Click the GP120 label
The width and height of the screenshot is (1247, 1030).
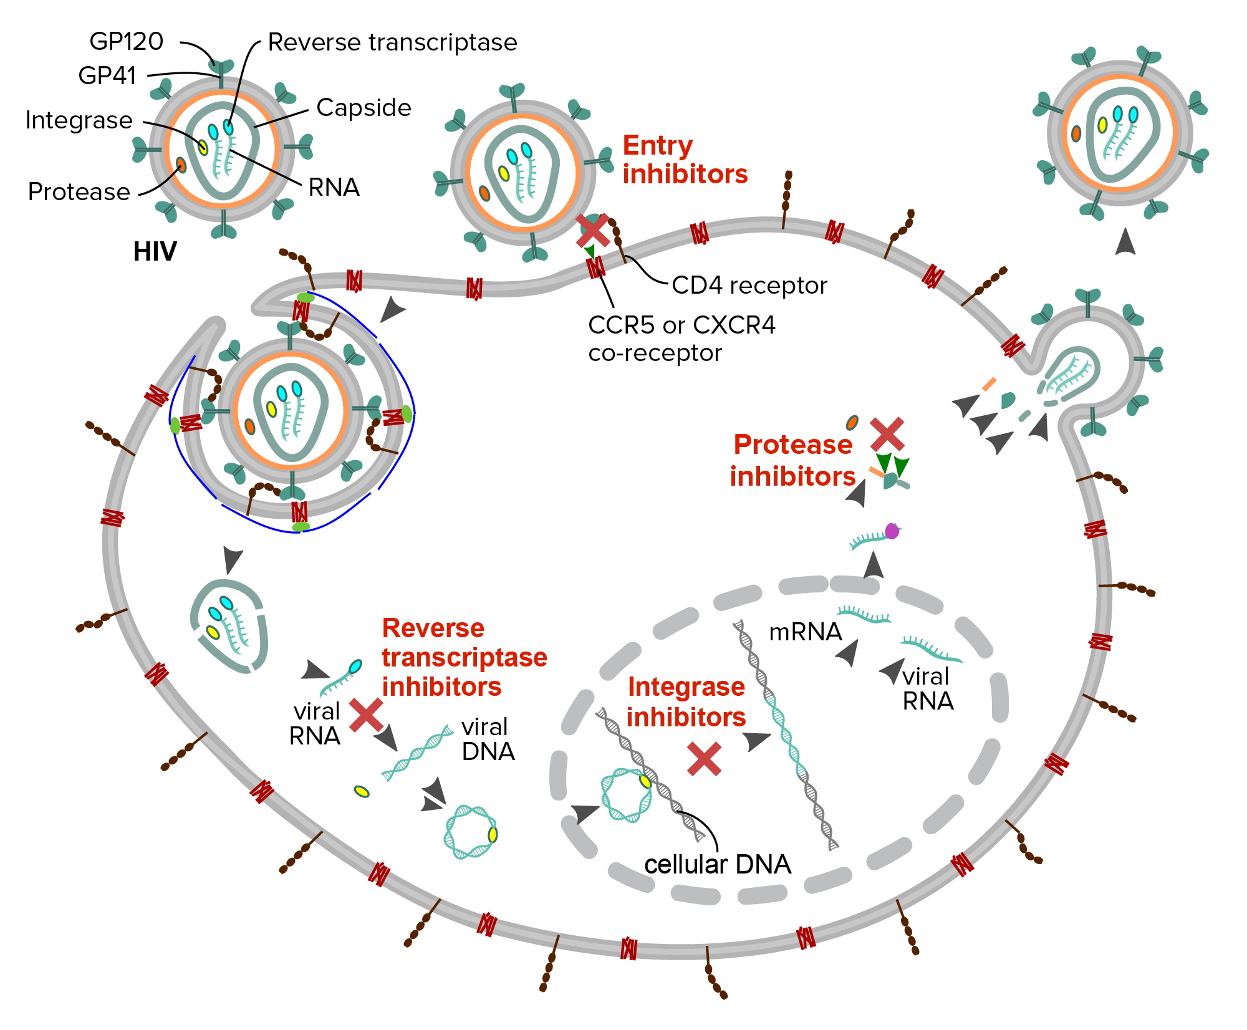pos(127,42)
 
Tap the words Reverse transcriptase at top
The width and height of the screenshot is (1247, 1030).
pos(392,42)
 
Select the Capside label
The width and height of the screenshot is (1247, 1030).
pos(364,108)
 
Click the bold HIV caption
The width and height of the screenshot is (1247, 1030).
pos(155,252)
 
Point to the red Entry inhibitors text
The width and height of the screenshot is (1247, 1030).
pos(685,160)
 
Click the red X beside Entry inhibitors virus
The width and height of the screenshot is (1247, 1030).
pos(592,230)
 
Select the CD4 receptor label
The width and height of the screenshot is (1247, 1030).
pos(749,286)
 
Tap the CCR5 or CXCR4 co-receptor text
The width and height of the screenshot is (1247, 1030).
pos(681,339)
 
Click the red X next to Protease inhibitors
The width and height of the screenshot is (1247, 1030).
pos(887,435)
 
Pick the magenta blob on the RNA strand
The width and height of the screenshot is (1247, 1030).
pos(892,531)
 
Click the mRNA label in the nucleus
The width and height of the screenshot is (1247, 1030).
pos(805,632)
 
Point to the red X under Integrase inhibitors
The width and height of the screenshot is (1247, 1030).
pos(704,759)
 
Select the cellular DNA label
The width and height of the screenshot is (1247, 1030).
pos(717,865)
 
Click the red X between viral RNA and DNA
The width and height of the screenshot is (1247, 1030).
pos(366,715)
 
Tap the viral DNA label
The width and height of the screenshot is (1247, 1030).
pos(488,739)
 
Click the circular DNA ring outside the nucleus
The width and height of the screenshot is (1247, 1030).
pos(471,832)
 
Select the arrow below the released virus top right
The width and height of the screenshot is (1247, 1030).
pos(1125,241)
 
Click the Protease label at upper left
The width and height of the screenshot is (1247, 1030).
pos(79,192)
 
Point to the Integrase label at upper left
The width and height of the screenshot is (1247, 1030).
pos(79,120)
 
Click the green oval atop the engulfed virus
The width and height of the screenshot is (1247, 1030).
pos(305,298)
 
